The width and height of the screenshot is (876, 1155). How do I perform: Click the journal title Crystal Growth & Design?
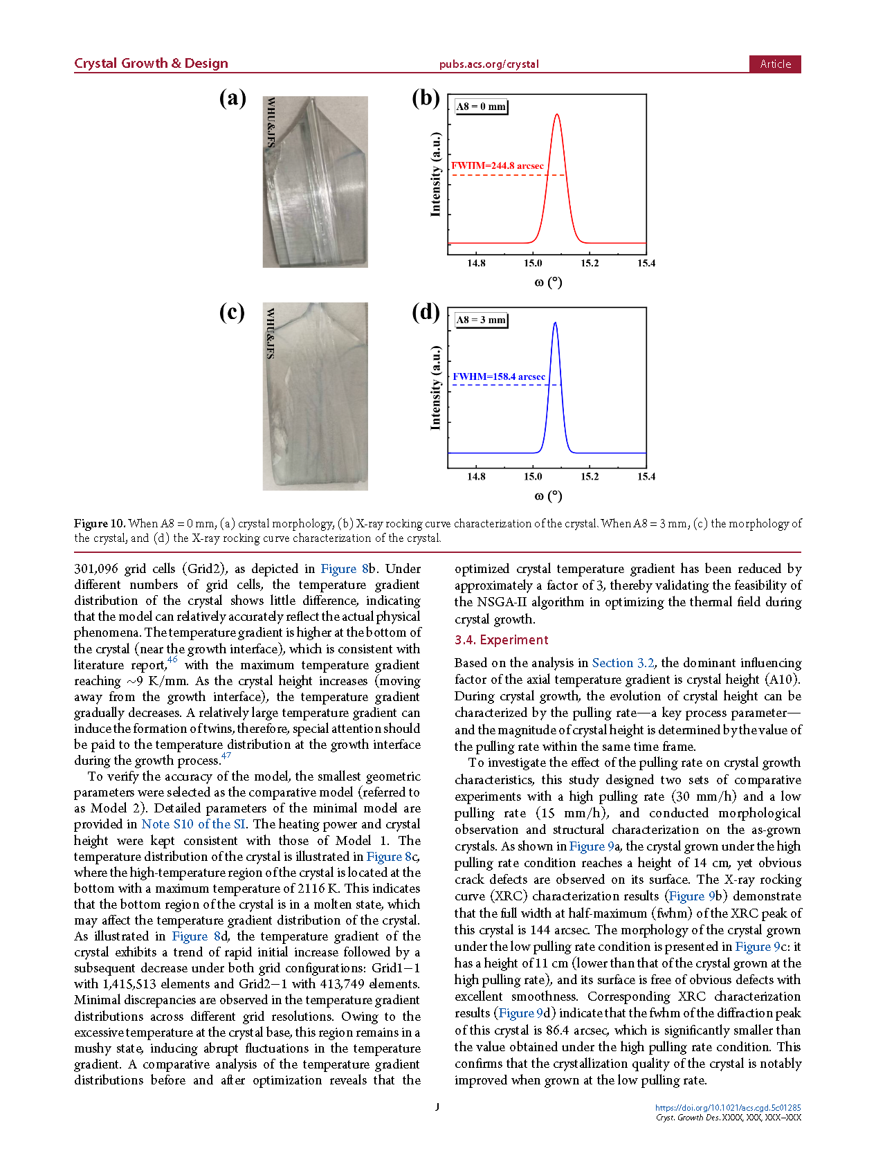151,64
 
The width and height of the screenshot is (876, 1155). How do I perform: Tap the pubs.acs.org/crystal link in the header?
489,64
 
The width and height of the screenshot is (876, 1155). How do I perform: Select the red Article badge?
774,64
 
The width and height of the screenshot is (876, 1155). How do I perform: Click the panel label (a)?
232,98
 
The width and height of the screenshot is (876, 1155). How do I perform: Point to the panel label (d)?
426,312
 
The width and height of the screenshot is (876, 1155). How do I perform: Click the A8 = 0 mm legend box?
481,107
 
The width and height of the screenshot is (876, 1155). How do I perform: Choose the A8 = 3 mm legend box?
481,320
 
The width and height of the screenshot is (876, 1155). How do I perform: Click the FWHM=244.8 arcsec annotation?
498,165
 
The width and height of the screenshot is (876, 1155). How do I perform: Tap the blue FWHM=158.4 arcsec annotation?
499,376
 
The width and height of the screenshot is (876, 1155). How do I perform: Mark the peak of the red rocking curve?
556,114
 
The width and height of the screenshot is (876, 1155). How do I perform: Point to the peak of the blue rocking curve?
555,322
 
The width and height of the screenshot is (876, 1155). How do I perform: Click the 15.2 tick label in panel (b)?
590,264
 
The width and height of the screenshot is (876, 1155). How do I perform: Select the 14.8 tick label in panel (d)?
476,477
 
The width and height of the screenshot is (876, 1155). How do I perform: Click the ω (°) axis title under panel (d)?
548,495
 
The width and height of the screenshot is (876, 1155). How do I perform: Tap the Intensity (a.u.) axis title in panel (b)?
435,174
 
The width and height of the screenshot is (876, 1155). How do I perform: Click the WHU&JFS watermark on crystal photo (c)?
271,333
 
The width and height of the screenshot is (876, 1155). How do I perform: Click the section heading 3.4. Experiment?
501,640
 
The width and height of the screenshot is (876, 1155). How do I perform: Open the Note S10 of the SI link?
193,824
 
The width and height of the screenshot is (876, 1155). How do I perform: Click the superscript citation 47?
226,756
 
